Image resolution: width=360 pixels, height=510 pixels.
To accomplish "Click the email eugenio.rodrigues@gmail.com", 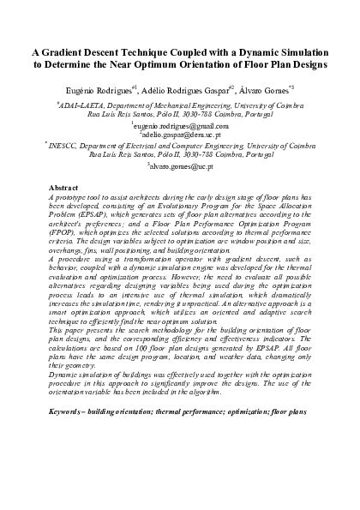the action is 181,125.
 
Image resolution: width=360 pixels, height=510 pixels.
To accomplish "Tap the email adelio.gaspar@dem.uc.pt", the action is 180,135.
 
